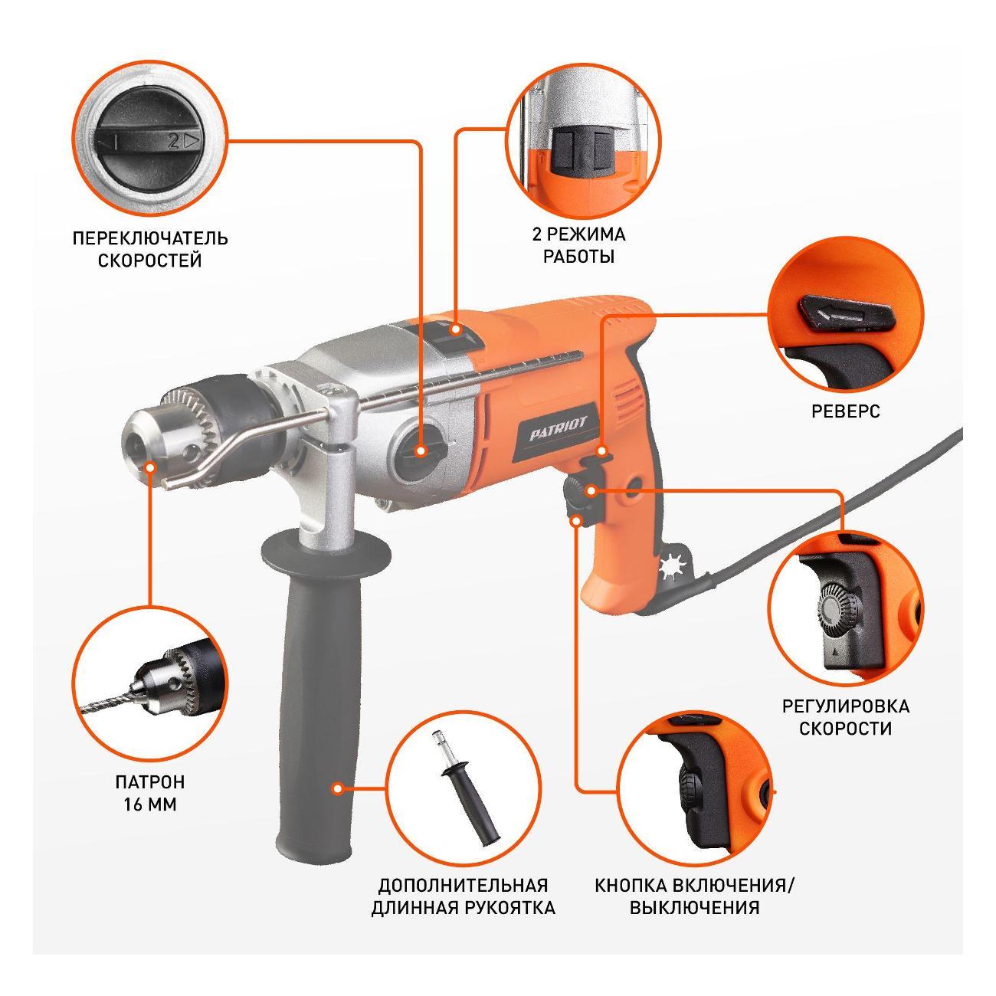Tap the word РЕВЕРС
[846, 411]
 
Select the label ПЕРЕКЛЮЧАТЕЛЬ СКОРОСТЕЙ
[150, 249]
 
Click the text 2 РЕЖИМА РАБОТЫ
[579, 245]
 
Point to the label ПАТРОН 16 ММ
[150, 794]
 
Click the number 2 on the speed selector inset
[174, 140]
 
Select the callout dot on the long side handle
[338, 788]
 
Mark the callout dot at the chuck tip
[150, 467]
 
